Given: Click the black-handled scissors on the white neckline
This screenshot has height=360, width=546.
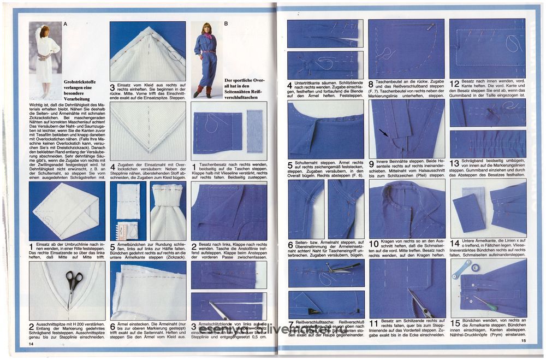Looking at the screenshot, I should coord(74,285).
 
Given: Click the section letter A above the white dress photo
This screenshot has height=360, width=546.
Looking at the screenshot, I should coord(66,24).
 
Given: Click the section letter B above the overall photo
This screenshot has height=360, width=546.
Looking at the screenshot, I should coord(226,24).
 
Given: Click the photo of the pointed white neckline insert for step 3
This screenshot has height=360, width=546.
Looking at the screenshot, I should coord(147,51).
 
